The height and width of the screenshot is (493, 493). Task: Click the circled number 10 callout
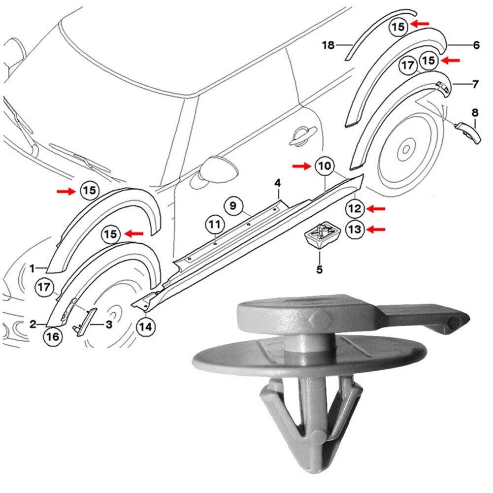(x=324, y=166)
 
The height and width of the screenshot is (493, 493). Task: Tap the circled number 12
(x=355, y=209)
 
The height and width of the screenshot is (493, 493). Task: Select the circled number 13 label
(x=355, y=229)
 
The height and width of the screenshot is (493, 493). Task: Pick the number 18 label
(x=329, y=46)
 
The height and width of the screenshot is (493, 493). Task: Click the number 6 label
(x=476, y=45)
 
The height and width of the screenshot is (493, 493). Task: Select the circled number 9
(x=233, y=205)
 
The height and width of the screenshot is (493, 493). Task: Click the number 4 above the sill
(x=278, y=184)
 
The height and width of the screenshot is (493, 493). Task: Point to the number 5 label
(x=319, y=269)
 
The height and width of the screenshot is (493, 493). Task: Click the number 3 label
(x=109, y=325)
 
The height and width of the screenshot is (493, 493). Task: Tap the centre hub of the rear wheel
(x=407, y=148)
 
